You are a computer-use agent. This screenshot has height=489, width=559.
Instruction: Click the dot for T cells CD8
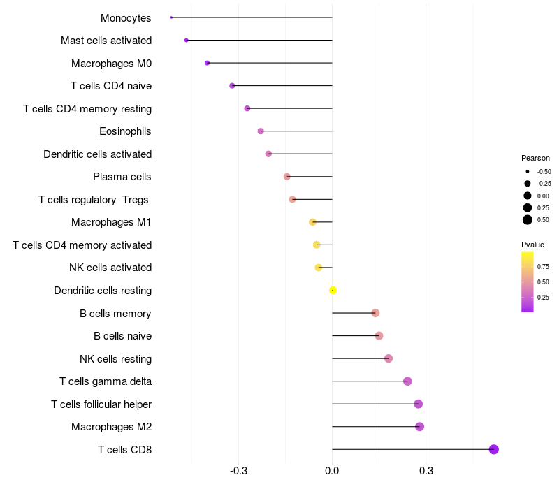pos(494,449)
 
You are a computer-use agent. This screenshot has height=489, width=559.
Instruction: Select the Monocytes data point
pos(171,17)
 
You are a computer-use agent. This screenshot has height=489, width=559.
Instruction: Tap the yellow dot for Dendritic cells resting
pos(333,290)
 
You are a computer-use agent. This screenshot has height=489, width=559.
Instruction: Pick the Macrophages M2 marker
pos(419,427)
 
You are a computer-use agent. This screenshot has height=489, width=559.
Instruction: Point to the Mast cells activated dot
pos(187,40)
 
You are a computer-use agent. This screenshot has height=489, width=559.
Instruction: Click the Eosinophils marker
pos(261,131)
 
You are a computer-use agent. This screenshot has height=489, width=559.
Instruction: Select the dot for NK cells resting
pos(389,358)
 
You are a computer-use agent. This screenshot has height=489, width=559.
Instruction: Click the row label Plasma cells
pos(122,177)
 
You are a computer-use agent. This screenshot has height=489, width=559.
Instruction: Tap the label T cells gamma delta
pos(106,381)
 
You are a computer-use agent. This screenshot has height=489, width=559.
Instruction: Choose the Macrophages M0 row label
pos(111,64)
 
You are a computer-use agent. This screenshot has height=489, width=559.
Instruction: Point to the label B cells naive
pos(122,336)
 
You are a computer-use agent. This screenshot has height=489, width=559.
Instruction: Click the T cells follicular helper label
pos(101,404)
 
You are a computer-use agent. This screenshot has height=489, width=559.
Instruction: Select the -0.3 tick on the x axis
pos(238,471)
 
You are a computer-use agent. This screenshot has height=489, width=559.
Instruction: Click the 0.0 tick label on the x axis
pos(332,471)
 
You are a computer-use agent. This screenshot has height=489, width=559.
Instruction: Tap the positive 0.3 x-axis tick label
pos(426,471)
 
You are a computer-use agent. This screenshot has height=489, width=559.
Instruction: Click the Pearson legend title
pos(535,158)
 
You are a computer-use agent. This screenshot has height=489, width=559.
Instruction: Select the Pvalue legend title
pos(532,245)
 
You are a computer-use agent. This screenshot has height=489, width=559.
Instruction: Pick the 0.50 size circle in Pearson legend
pos(528,220)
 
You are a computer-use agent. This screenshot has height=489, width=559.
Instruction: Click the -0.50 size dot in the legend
pos(528,171)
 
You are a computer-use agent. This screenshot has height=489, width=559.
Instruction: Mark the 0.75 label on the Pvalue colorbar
pos(543,266)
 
